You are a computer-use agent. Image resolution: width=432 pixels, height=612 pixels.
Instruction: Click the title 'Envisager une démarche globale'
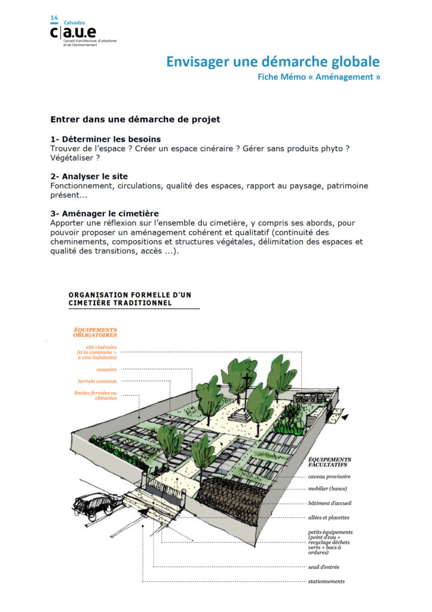pos(272,62)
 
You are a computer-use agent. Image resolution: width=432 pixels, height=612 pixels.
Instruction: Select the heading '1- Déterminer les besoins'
pos(105,139)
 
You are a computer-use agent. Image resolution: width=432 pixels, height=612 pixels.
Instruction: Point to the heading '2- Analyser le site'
pos(89,177)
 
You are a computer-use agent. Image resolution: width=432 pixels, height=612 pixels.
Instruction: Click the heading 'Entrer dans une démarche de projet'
pos(135,119)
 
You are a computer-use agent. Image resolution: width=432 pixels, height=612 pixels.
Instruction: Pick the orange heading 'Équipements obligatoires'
pos(94,332)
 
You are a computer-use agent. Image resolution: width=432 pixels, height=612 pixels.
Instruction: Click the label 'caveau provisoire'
pos(329,476)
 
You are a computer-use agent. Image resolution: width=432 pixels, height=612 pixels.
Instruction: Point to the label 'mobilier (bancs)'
pos(327,488)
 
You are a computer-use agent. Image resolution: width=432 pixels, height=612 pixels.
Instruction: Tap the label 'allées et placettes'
pos(329,518)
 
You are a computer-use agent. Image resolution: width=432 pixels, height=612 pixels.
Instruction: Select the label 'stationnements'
pos(326,582)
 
